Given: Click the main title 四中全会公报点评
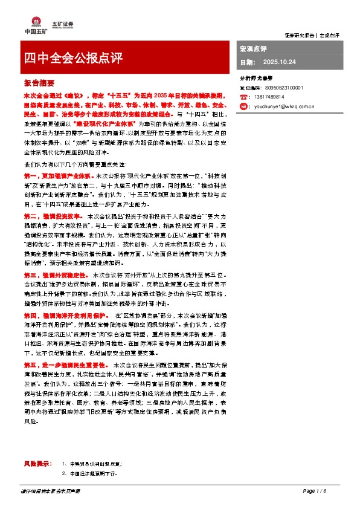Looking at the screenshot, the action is pyautogui.click(x=73, y=58).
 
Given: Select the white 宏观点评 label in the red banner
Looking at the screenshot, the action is pyautogui.click(x=253, y=48).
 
